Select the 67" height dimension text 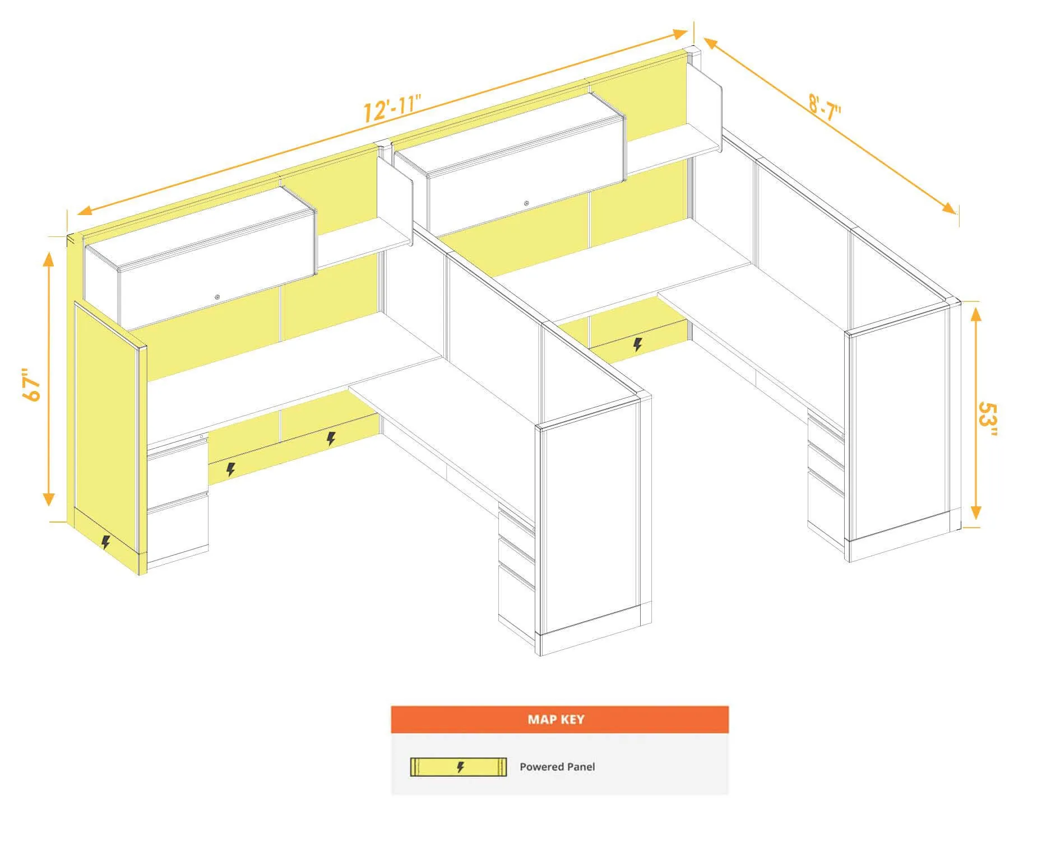[x=32, y=384]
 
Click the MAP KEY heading [x=555, y=719]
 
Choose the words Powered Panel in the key [x=557, y=767]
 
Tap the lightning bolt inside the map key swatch [x=460, y=767]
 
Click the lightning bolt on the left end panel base [x=105, y=542]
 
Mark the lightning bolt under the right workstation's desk [x=637, y=344]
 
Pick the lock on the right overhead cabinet [x=526, y=203]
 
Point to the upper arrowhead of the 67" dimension [x=49, y=259]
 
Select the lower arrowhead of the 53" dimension [x=976, y=512]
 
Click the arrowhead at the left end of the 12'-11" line [x=85, y=211]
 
